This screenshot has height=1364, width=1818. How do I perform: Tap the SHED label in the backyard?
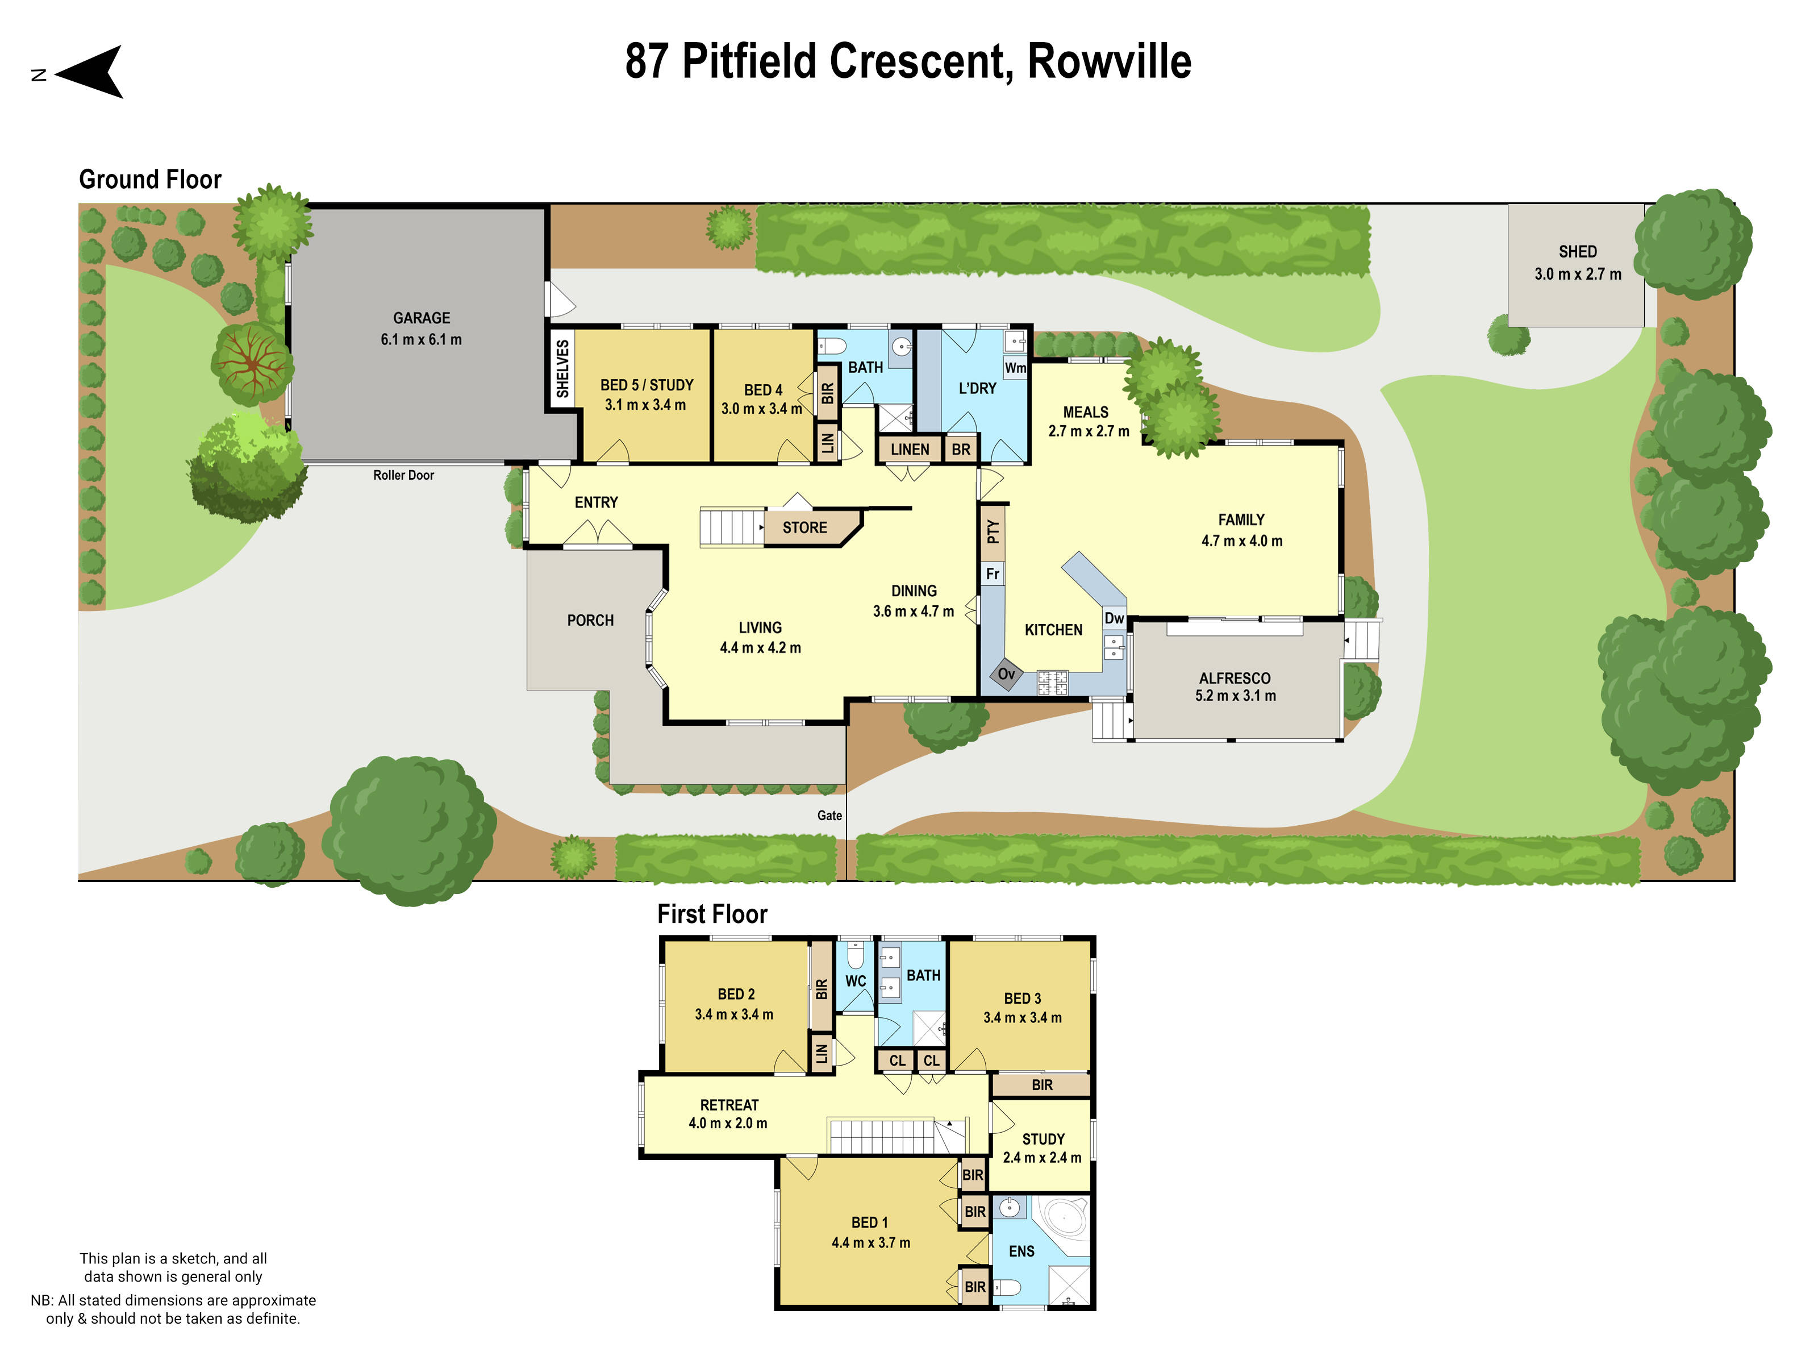[x=1577, y=252]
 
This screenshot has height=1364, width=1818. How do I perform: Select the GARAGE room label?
[x=421, y=318]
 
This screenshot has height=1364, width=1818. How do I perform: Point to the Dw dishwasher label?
[x=1114, y=618]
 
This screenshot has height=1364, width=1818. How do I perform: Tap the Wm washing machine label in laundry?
[x=1015, y=368]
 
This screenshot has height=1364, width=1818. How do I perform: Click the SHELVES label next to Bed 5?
[x=562, y=369]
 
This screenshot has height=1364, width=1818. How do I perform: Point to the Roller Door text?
[x=403, y=475]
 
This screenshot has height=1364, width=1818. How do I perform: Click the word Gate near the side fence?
[x=829, y=816]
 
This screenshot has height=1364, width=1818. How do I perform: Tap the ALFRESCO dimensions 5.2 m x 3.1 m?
[x=1235, y=696]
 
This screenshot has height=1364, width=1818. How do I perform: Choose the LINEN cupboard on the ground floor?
[x=910, y=450]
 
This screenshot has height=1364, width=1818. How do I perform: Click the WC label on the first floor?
[x=856, y=981]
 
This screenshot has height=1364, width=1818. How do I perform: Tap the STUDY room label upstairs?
[x=1043, y=1139]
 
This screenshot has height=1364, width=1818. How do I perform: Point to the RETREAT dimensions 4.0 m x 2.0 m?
[x=728, y=1123]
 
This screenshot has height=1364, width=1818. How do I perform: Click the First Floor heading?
[x=712, y=914]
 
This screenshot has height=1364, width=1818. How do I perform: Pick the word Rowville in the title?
[x=1109, y=61]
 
